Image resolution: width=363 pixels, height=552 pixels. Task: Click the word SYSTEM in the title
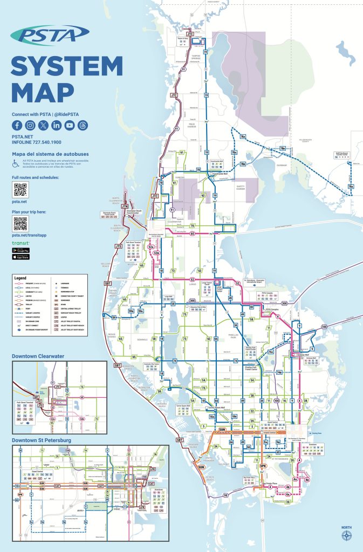click(67, 66)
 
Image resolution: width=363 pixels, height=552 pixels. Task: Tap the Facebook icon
click(17, 125)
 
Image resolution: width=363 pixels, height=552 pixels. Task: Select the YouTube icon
click(70, 125)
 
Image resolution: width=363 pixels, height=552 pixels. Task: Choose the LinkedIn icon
click(57, 125)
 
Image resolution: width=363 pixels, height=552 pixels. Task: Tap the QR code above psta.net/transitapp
click(20, 224)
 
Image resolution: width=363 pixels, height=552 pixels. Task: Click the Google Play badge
click(20, 251)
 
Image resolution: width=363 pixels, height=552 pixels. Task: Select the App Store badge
click(20, 257)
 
